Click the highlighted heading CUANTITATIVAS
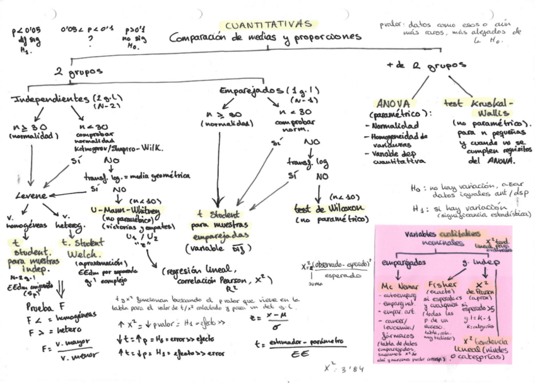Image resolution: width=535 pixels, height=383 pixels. (x=269, y=24)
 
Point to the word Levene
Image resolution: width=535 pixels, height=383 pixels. (x=31, y=196)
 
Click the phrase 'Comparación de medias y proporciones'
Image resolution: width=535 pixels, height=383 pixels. (x=266, y=37)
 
